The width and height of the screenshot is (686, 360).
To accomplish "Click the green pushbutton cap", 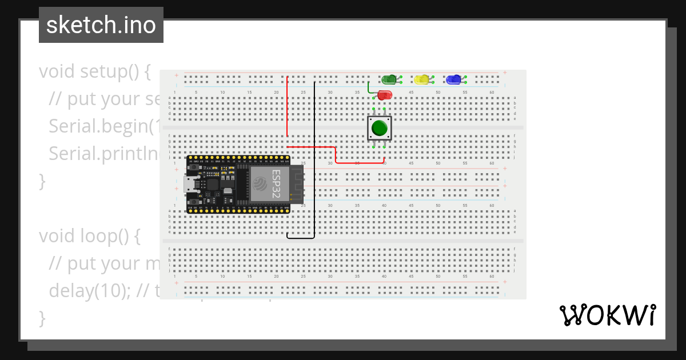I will click(379, 127).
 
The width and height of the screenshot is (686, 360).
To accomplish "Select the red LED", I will click(385, 95).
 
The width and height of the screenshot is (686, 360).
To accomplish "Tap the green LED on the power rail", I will click(389, 79).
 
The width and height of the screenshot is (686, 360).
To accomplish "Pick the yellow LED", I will click(422, 79).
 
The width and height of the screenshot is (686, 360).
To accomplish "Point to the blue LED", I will click(453, 79).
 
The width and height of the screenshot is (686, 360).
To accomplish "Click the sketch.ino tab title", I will click(101, 25).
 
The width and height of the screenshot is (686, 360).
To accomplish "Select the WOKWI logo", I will click(607, 315).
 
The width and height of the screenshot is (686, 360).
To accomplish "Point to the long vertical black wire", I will click(314, 160).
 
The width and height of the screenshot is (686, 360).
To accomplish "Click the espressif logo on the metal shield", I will click(260, 184).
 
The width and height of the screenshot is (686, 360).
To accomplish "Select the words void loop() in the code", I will click(89, 236).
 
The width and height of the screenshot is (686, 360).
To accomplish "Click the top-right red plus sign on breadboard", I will click(505, 73).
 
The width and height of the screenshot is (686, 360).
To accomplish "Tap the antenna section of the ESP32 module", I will click(297, 184).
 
